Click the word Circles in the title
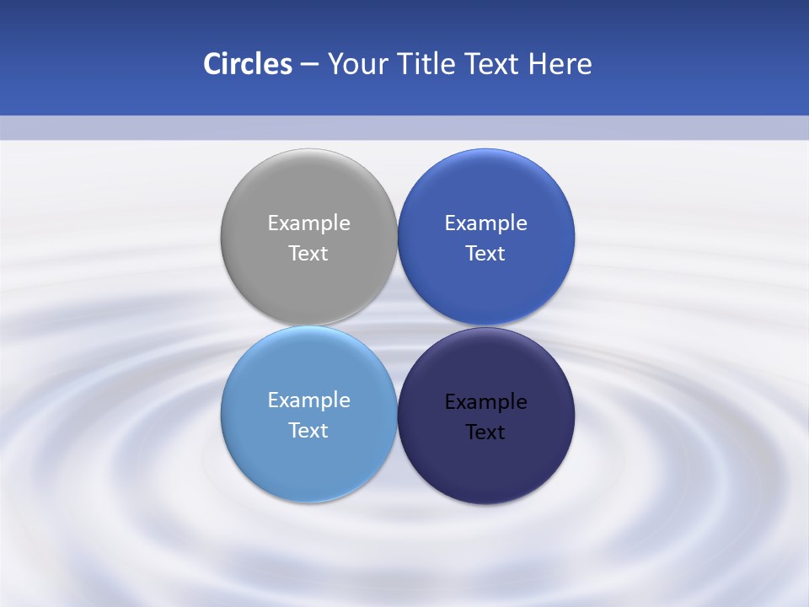click(247, 64)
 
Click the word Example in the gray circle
click(308, 223)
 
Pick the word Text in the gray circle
click(308, 254)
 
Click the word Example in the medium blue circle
click(485, 223)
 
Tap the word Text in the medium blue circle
click(485, 254)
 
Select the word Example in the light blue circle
click(308, 400)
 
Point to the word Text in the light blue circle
click(308, 431)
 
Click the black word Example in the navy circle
click(485, 402)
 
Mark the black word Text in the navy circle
click(485, 432)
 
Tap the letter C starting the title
click(212, 64)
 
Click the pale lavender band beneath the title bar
click(404, 127)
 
